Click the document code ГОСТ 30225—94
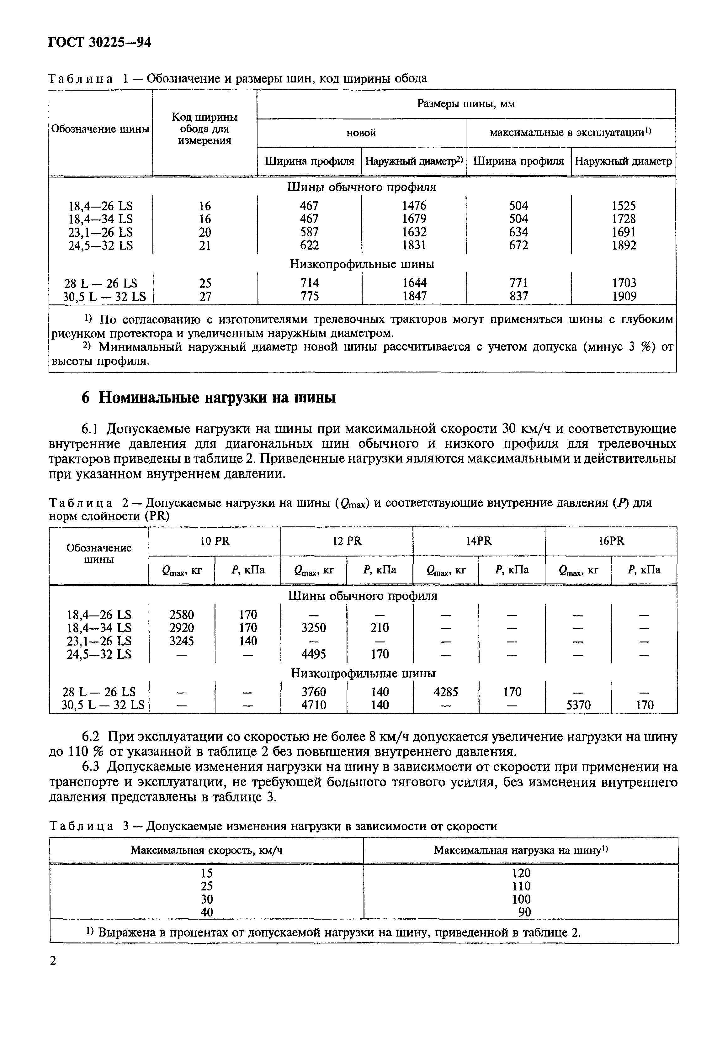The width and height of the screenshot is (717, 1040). [x=99, y=42]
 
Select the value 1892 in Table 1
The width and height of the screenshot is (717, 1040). [x=624, y=245]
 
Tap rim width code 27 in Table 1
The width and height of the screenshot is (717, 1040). [x=205, y=296]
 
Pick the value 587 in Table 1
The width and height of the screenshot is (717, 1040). [x=309, y=232]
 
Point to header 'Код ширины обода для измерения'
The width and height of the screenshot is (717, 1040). [x=205, y=129]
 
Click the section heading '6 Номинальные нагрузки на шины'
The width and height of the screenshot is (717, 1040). [x=209, y=398]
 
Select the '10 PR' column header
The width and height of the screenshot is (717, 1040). [x=215, y=541]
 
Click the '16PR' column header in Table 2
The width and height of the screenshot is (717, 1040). [x=611, y=541]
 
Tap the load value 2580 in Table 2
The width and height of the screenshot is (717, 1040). [x=182, y=614]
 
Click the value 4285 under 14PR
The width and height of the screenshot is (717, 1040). [x=446, y=692]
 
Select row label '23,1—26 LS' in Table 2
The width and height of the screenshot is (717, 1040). [x=99, y=641]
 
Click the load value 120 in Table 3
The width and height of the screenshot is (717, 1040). [x=521, y=873]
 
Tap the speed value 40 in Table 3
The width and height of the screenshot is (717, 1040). [x=207, y=912]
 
